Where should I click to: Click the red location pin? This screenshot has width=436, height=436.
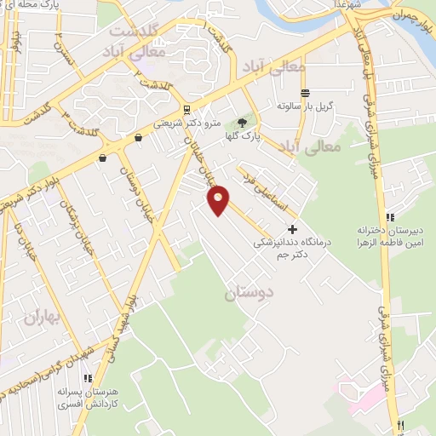click(x=219, y=199)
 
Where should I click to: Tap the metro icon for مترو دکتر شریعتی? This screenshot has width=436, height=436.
click(x=186, y=109)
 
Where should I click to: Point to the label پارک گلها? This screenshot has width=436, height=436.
click(x=248, y=135)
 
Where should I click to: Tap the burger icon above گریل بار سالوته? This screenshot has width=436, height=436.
click(x=304, y=93)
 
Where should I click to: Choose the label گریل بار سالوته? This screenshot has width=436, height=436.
click(x=302, y=107)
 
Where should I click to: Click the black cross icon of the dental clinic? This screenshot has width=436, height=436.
click(x=292, y=228)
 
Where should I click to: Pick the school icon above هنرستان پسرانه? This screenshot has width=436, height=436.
click(x=86, y=378)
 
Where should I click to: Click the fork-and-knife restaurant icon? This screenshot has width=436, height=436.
click(x=399, y=423)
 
